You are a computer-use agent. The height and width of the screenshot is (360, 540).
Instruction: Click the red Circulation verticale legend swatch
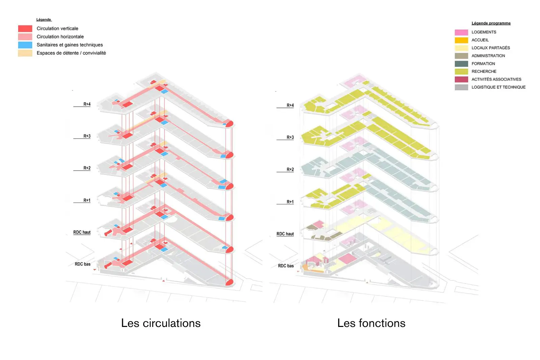click(25, 29)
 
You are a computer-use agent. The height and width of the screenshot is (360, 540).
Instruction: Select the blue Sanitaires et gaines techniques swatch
click(25, 45)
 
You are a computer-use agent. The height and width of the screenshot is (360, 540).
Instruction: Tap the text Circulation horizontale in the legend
click(60, 37)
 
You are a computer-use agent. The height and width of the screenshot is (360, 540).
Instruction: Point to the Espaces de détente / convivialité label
click(71, 53)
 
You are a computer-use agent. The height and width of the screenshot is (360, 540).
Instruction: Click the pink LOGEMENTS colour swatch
click(461, 32)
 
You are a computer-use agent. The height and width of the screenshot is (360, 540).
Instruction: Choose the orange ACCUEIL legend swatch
click(461, 40)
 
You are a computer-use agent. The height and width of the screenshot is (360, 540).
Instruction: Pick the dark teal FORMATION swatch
click(461, 64)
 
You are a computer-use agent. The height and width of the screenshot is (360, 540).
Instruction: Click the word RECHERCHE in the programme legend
click(484, 72)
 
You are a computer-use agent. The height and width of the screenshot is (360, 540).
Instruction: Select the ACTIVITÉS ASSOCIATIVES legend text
click(496, 79)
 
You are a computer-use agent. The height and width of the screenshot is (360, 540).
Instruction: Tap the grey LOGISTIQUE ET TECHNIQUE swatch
click(461, 87)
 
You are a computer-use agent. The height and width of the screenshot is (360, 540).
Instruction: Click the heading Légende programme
click(491, 23)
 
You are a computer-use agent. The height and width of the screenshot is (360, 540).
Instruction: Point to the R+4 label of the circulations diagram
click(87, 104)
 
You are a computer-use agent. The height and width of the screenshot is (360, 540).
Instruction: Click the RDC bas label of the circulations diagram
click(82, 264)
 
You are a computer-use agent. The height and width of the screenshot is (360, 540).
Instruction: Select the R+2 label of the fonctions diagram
click(290, 169)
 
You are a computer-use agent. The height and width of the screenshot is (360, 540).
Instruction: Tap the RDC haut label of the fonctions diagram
click(285, 234)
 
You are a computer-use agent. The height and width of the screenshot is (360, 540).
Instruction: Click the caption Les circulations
click(161, 323)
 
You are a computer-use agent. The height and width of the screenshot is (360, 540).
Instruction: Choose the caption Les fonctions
click(371, 323)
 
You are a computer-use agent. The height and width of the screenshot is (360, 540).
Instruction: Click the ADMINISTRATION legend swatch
click(461, 56)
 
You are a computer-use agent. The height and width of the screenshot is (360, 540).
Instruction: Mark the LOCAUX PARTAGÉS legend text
click(491, 48)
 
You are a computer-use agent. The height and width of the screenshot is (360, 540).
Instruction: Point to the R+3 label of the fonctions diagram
click(290, 137)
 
